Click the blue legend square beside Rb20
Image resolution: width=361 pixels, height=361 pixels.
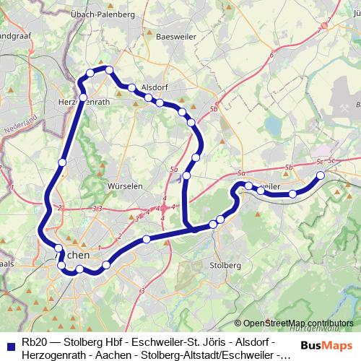10,345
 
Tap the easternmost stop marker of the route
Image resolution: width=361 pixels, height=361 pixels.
321,175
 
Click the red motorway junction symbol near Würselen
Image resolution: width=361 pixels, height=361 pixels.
164,208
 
